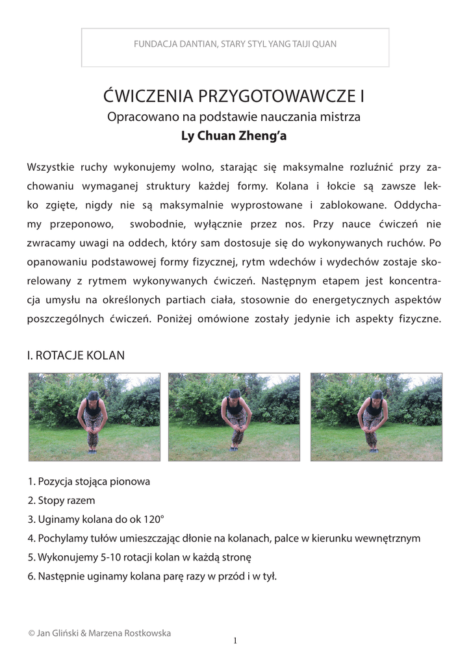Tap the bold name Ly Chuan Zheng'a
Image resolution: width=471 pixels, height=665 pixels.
coord(235,137)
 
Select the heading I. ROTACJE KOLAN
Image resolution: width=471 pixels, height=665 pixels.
coord(76,355)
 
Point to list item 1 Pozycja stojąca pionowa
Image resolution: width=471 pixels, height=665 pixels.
coord(89,482)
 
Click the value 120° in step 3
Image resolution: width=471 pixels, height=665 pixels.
coord(153,520)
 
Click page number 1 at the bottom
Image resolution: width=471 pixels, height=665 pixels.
coord(235,641)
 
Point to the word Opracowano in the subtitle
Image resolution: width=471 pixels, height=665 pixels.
coord(137,118)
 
